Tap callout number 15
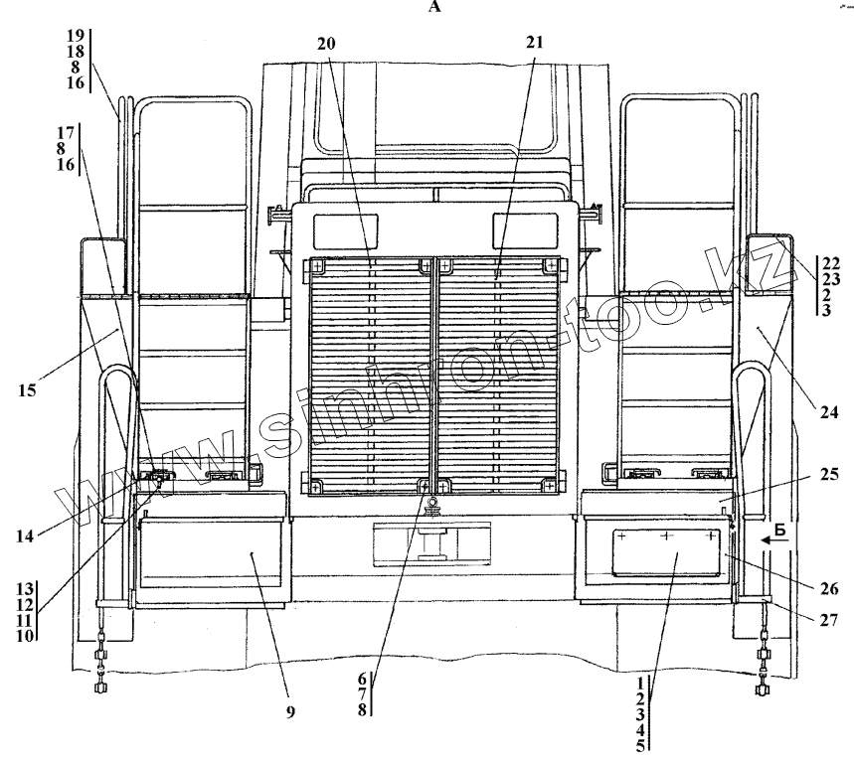(27, 389)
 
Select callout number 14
(25, 536)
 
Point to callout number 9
(291, 712)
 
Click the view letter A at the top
(432, 9)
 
